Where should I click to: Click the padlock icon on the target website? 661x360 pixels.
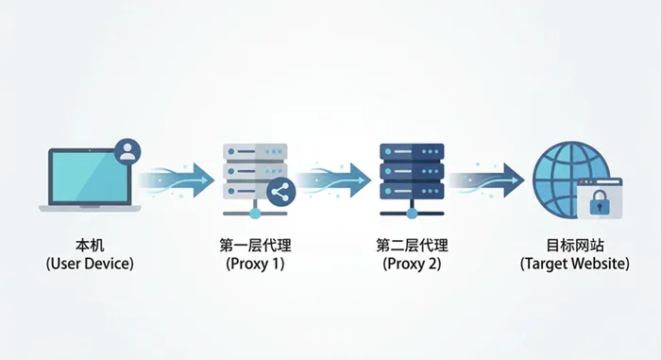(599, 202)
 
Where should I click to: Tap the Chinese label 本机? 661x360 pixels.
(90, 245)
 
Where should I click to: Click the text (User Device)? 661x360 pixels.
(90, 264)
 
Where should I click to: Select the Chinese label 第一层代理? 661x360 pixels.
(254, 245)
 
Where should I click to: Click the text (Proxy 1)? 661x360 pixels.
(254, 264)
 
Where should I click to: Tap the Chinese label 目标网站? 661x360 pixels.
(574, 245)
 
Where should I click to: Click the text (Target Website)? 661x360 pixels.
(574, 264)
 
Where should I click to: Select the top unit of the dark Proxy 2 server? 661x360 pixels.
(411, 151)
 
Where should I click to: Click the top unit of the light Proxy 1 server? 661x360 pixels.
(254, 151)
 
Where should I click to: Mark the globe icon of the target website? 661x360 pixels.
(562, 174)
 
